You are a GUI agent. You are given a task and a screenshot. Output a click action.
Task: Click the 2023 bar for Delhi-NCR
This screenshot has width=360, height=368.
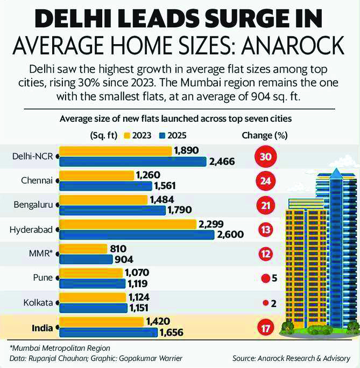coord(115,151)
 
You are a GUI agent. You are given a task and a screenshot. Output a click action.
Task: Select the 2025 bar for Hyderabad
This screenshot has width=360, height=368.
coord(137,234)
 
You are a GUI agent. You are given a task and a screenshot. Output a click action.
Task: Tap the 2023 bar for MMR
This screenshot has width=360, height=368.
coord(83,248)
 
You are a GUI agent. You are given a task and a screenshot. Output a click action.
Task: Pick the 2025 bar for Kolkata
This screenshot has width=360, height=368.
coord(93,308)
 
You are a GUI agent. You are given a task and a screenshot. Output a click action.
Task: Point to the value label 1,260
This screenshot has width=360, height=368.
coord(152,175)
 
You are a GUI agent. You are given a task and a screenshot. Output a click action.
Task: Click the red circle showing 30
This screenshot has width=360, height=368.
coord(265,158)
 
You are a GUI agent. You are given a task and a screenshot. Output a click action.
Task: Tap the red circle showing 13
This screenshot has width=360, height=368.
coord(265,230)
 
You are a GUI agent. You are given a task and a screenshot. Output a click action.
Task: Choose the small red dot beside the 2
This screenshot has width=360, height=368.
coord(265,303)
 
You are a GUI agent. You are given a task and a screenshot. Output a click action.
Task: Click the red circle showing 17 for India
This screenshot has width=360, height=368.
coord(265,327)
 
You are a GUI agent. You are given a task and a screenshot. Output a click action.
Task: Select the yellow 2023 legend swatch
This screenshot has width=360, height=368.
coord(128,135)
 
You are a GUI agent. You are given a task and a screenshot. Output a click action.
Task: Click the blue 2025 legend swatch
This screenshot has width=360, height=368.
coord(163,135)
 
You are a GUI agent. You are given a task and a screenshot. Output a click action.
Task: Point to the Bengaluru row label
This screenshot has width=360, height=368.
coord(32,205)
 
